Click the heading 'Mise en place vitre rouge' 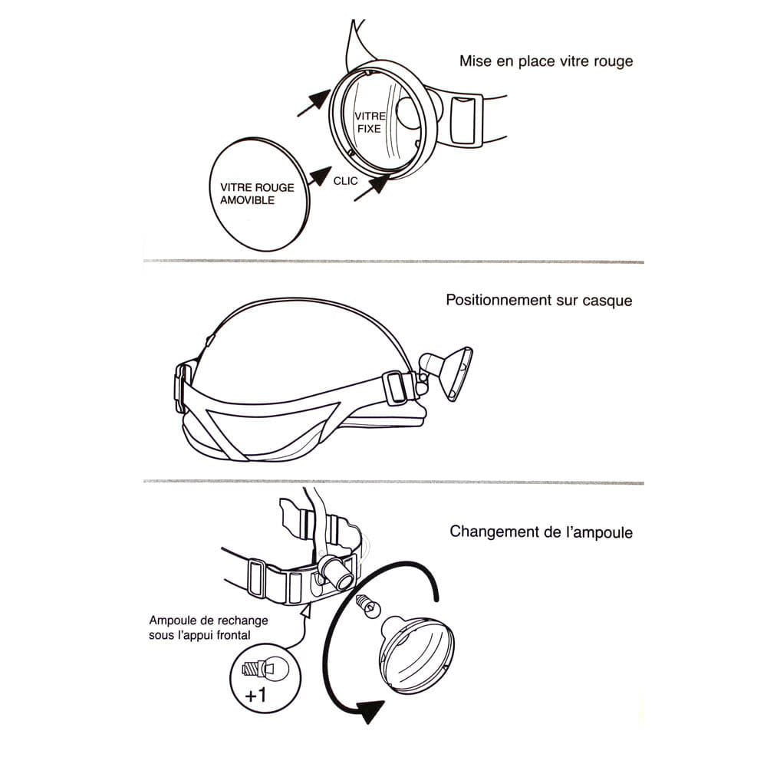point(546,61)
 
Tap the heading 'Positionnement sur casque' point(539,300)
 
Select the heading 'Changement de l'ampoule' point(541,532)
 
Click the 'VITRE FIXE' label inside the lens point(370,122)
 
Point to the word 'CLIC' point(345,181)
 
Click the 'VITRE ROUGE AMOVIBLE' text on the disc point(257,194)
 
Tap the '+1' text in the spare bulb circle point(256,695)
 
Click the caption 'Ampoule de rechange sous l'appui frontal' point(209,627)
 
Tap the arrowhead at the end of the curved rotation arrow point(370,711)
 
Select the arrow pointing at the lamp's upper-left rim point(314,103)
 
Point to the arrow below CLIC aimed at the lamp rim point(371,189)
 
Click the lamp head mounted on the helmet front point(446,373)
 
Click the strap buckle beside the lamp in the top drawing point(463,120)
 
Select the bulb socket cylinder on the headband point(336,573)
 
